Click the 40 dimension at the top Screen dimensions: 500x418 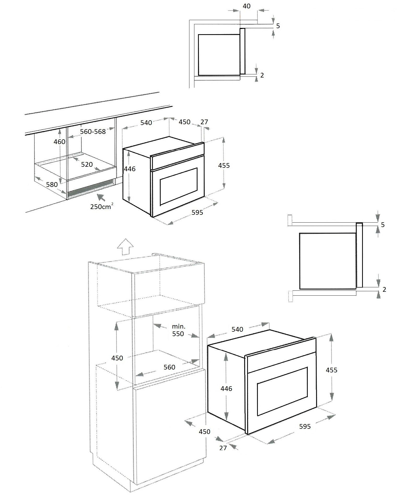point(246,6)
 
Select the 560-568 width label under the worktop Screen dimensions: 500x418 point(93,132)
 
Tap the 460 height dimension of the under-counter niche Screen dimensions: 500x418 point(59,142)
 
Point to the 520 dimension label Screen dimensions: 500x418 point(87,164)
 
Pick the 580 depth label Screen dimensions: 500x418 point(52,184)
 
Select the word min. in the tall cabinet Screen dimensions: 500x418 point(178,326)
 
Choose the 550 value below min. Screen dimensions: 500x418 point(178,334)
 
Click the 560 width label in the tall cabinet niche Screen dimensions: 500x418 point(169,367)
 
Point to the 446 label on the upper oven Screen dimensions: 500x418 point(130,169)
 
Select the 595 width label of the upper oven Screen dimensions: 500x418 point(197,212)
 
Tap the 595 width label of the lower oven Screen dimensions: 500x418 point(305,426)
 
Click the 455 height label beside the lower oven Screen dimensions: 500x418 point(332,370)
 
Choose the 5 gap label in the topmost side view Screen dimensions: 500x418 point(278,26)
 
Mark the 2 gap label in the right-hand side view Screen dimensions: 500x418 point(384,289)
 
